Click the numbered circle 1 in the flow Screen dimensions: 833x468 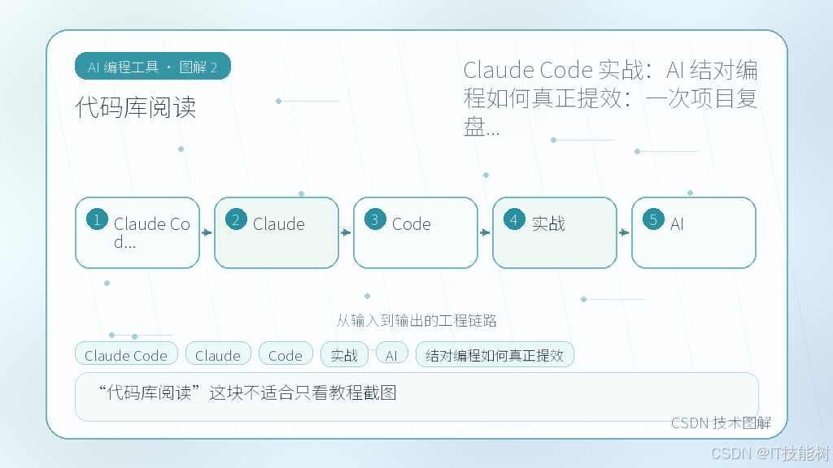point(98,219)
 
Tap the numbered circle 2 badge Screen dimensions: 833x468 point(236,219)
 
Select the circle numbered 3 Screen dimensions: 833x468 point(375,219)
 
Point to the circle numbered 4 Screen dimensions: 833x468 point(514,219)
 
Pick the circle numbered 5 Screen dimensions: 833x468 point(653,219)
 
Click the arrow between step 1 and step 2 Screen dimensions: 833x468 point(207,232)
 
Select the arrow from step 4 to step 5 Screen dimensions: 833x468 point(624,232)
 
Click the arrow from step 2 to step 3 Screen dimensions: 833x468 point(346,232)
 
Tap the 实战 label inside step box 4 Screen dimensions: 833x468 point(548,224)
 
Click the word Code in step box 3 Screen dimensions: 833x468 point(411,224)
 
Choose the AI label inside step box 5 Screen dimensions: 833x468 point(677,224)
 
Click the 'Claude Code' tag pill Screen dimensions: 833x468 point(126,354)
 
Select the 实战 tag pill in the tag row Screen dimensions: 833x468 point(344,354)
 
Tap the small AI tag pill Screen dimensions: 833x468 point(391,353)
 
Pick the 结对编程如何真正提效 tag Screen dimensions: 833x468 point(495,354)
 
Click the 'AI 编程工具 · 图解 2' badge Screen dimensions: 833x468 point(152,67)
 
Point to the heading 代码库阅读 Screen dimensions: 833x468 point(136,107)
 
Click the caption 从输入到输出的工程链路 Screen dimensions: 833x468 point(416,320)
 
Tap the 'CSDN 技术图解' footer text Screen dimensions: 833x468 point(721,422)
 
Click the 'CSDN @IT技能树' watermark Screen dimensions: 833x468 point(770,453)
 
